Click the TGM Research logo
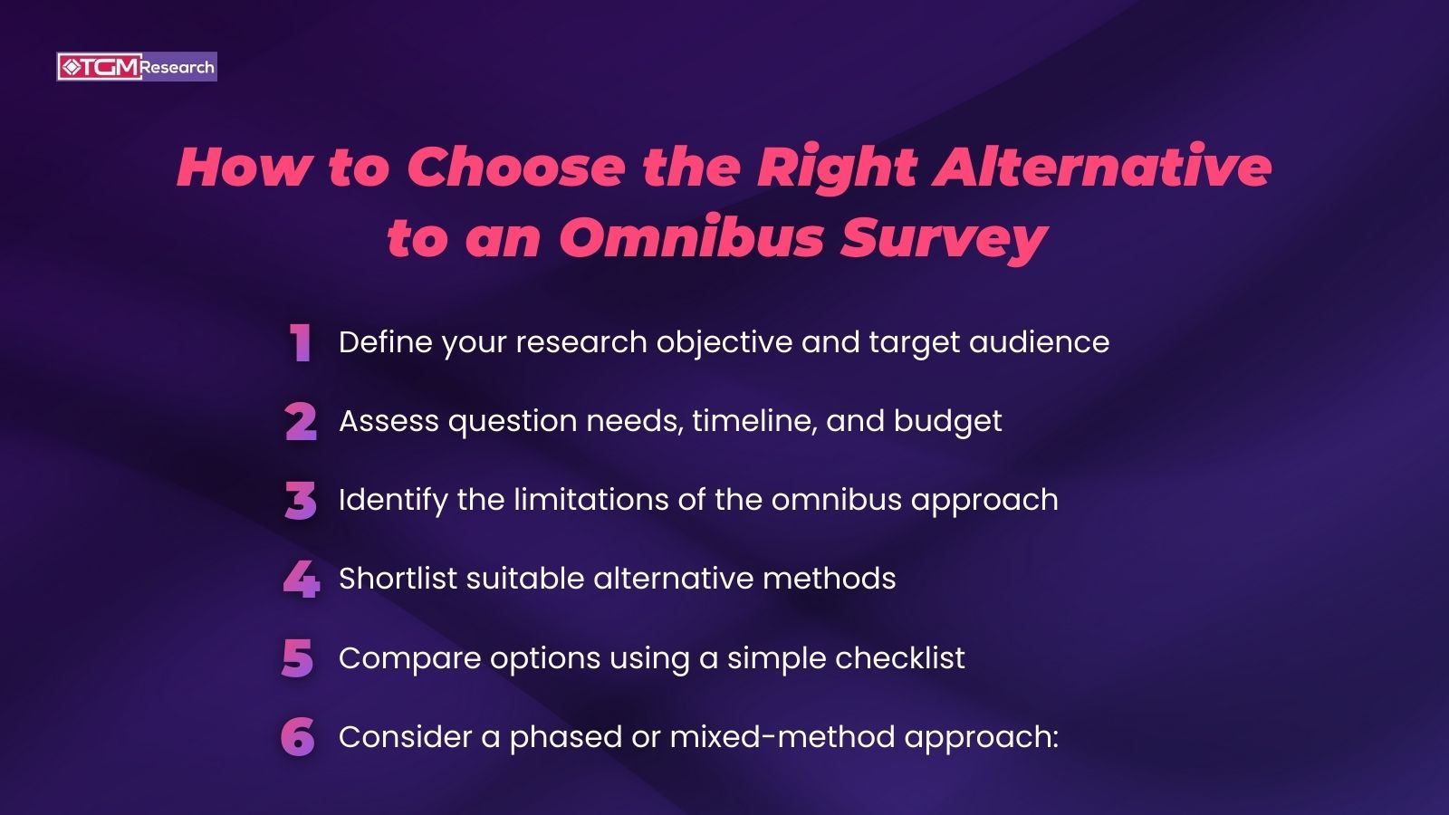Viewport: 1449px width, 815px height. [x=137, y=67]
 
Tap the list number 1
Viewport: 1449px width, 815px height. [x=301, y=344]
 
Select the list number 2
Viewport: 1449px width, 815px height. [x=301, y=422]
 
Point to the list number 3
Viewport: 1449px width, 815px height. [x=301, y=501]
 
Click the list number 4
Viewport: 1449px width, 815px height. [x=301, y=580]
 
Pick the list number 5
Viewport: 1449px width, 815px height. [x=298, y=658]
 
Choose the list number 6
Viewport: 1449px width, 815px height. [x=298, y=737]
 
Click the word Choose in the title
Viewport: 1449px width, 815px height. [x=515, y=168]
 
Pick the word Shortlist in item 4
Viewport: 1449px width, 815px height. [x=398, y=579]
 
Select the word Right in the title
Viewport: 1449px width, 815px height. [x=837, y=169]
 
